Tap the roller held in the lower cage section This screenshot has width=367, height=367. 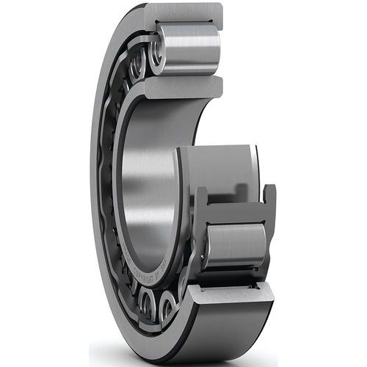(236, 246)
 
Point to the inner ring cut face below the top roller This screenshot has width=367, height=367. (183, 87)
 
